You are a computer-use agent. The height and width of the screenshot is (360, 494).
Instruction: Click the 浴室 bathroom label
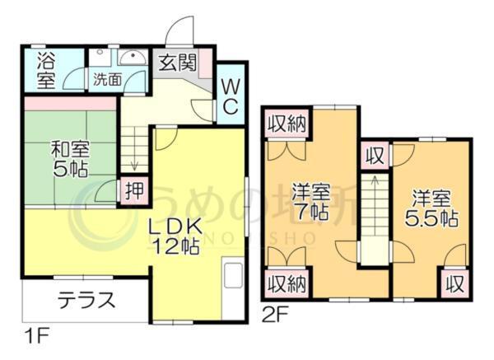pos(46,70)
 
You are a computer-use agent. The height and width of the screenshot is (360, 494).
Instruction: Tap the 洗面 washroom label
pos(105,80)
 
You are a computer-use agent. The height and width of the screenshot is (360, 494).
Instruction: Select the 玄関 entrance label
pos(176,62)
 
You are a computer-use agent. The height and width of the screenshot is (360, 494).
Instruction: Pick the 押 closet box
pos(133,190)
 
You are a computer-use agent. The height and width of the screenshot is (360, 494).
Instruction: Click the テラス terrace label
pos(86,301)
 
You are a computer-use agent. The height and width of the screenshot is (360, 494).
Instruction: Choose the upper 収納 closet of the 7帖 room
pos(286,125)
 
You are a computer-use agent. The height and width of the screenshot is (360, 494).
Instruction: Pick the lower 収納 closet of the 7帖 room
pos(286,285)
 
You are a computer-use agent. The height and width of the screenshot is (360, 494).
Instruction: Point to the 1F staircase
pos(134,144)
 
